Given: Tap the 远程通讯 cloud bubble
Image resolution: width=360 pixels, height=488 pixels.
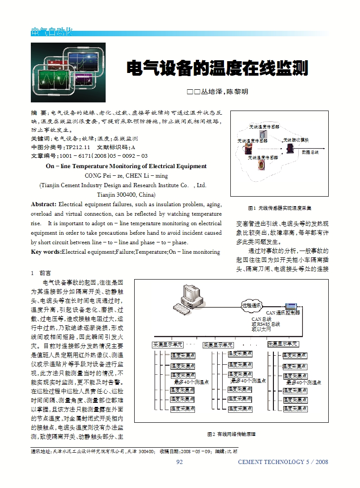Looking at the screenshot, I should point(251,305).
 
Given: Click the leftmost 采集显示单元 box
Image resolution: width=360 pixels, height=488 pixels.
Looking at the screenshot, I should point(167,345).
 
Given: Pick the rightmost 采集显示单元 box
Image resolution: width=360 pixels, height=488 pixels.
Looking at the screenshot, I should point(283,344).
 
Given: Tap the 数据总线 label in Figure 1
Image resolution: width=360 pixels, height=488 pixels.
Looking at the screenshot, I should point(310,152).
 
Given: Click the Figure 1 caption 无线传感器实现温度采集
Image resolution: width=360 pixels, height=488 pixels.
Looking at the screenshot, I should point(279,208).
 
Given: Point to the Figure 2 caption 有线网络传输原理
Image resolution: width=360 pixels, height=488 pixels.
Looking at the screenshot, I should point(231,434).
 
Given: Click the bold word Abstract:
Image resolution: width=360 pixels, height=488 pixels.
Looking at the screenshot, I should point(44,204).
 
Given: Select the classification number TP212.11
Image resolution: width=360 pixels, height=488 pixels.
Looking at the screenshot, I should point(78,147).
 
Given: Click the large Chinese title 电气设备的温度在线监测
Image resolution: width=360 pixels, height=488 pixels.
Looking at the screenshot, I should point(217,69).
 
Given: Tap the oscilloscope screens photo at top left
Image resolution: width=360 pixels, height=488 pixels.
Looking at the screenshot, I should point(68,72).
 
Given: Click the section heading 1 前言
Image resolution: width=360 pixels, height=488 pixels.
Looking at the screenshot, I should point(41,273).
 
